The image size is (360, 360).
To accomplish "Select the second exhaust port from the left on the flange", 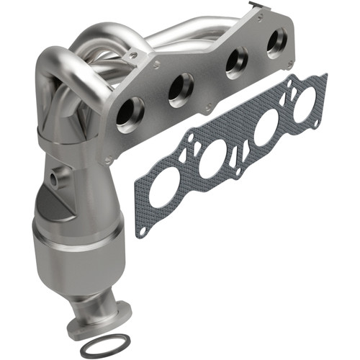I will click(x=180, y=89).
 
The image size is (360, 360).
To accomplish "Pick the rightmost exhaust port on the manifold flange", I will click(x=276, y=43).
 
